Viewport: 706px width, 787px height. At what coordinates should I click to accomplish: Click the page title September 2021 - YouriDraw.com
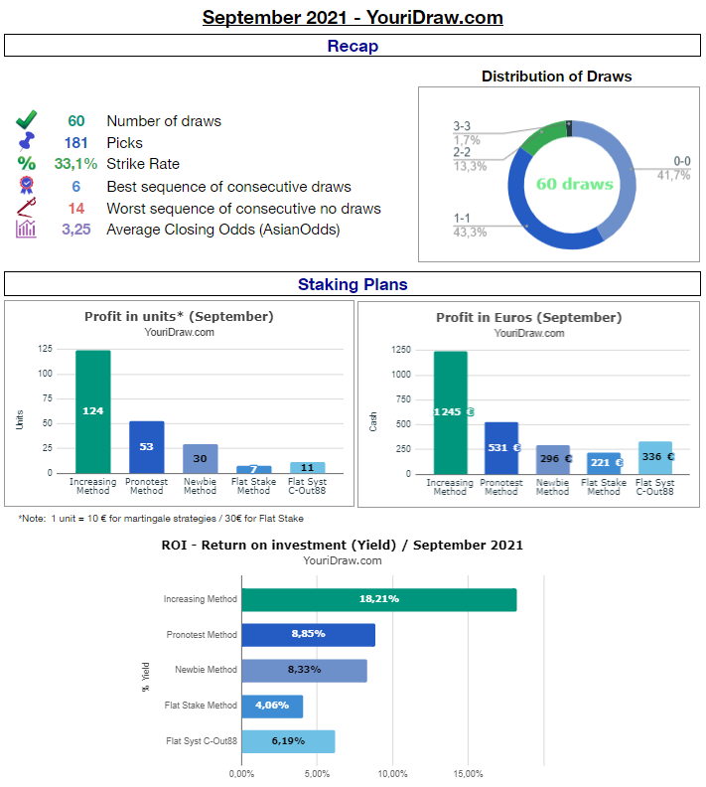[x=353, y=17]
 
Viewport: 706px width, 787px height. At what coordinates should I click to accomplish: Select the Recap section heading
[x=353, y=46]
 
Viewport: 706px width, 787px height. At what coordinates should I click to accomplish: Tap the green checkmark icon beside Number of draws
[x=26, y=121]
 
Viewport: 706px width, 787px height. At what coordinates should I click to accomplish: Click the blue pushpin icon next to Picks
[x=26, y=143]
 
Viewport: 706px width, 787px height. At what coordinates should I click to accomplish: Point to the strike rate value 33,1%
[x=75, y=164]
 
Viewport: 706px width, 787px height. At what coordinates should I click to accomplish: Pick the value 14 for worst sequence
[x=76, y=209]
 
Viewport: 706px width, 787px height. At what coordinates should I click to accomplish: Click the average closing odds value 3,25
[x=76, y=230]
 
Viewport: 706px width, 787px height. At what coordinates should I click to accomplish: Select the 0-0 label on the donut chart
[x=681, y=161]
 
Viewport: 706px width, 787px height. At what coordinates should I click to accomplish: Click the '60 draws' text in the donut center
[x=574, y=184]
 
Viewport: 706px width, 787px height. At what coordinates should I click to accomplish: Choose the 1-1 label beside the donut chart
[x=463, y=218]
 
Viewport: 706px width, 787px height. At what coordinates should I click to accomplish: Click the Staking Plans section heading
[x=353, y=284]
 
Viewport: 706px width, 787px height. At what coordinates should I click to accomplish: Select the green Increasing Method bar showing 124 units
[x=93, y=411]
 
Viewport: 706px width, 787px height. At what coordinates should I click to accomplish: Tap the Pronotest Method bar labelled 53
[x=146, y=447]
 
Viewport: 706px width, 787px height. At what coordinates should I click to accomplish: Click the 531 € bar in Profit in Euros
[x=501, y=448]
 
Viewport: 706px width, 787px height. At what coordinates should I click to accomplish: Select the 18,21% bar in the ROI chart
[x=379, y=600]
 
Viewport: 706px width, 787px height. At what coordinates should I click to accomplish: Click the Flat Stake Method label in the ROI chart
[x=201, y=706]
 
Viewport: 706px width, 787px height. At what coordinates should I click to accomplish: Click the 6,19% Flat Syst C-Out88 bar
[x=289, y=741]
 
